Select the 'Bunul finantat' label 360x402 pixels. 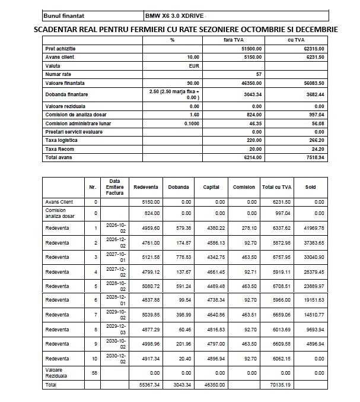pos(65,15)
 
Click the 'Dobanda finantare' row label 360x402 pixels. pos(66,94)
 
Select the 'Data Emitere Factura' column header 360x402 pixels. pos(114,186)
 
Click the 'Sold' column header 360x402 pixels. pos(310,187)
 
